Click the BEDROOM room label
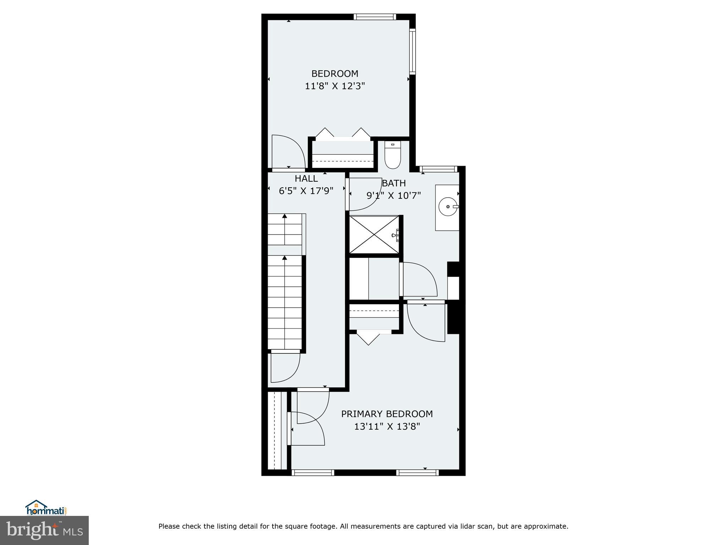[x=335, y=74]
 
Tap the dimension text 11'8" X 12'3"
[x=335, y=86]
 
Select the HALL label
[x=306, y=178]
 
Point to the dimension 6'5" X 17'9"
[x=306, y=191]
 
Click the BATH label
[x=394, y=183]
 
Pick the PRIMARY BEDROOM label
[x=387, y=414]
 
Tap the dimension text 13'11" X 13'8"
[x=387, y=426]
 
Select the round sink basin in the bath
[x=447, y=206]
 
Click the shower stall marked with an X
[x=374, y=235]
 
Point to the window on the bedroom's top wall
[x=375, y=17]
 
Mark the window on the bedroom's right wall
[x=412, y=51]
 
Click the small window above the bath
[x=437, y=169]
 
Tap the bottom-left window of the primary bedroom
[x=313, y=473]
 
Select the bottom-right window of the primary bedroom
[x=417, y=473]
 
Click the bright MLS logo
[x=44, y=530]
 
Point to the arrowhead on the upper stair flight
[x=285, y=216]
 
